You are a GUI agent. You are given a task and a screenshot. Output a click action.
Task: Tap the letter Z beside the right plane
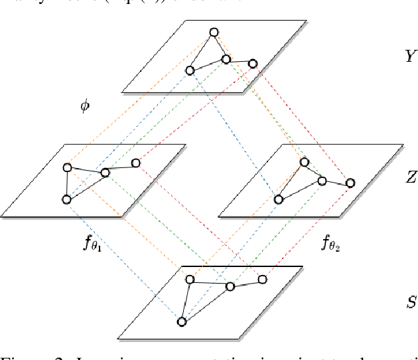(411, 177)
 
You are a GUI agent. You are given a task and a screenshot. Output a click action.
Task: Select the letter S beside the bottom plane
(411, 303)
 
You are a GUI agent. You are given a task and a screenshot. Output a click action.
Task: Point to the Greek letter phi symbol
(84, 106)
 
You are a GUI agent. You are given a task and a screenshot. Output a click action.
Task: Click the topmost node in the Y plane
(213, 32)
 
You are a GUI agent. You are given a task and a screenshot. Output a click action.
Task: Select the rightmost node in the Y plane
(252, 64)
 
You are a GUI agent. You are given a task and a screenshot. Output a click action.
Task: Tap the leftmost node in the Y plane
(190, 70)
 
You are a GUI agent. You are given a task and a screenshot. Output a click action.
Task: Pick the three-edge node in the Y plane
(226, 59)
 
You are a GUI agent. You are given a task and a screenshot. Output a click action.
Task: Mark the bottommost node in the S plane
(181, 322)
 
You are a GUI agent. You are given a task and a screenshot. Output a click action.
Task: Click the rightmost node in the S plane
(262, 280)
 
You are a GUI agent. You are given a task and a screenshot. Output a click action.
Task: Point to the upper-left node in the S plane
(189, 279)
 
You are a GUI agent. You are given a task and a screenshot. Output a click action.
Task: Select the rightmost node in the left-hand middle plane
(135, 163)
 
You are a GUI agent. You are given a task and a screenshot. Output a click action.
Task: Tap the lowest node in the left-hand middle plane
(66, 199)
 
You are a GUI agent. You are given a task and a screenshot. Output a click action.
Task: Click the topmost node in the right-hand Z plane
(304, 161)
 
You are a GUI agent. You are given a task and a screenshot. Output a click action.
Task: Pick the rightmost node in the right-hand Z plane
(350, 183)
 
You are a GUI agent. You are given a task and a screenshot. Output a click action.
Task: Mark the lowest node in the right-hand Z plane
(279, 199)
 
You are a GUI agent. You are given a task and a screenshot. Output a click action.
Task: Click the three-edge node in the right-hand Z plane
(322, 181)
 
